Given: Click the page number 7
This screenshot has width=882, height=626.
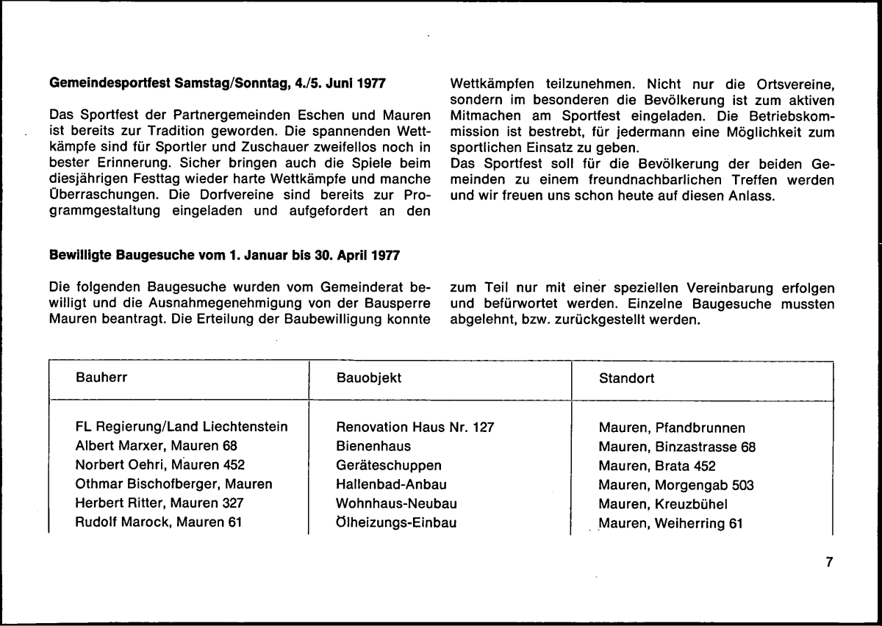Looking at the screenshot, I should point(829,562).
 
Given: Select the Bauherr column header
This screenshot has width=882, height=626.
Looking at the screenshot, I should point(100,378).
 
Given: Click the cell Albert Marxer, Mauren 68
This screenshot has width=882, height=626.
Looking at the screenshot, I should point(157,445).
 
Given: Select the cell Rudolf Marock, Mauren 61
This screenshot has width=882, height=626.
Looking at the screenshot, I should point(159,523).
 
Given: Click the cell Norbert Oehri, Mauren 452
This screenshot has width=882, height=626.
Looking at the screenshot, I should point(160,465).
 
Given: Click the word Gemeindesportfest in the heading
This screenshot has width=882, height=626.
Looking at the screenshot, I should point(107,83).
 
